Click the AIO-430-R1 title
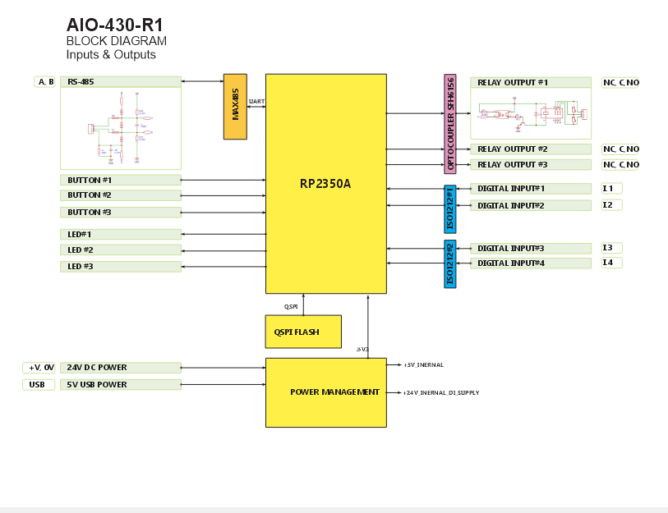114,25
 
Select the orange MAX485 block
235,107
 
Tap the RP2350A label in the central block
325,183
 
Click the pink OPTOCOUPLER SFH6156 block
450,124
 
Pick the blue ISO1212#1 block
449,208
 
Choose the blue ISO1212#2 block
449,264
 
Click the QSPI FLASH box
303,332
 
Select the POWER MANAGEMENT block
326,392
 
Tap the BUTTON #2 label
90,195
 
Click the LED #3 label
81,267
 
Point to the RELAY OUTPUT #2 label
513,149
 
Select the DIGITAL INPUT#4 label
511,263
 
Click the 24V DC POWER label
97,368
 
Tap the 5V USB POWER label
97,384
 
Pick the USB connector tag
38,384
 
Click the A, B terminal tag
45,82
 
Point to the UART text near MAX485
256,102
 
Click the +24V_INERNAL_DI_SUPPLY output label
441,393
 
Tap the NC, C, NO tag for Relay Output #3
620,165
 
